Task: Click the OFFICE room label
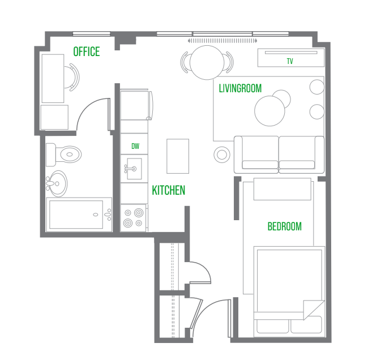87,52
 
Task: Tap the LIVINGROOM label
240,88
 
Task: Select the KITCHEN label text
168,190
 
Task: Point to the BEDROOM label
285,226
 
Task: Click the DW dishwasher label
135,146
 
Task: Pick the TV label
290,61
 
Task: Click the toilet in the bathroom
63,155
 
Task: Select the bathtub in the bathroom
79,215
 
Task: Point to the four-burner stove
134,218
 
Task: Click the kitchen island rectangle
178,156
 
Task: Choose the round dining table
207,62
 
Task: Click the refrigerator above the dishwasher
136,105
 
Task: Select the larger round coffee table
269,111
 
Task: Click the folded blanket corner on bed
314,309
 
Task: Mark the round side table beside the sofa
222,155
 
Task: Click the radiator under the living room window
222,41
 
